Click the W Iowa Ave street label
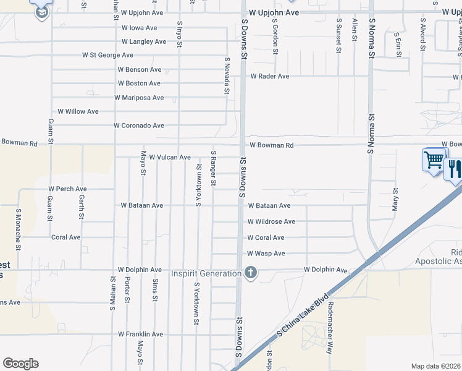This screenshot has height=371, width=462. click(139, 28)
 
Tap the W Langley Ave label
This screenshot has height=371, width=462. click(144, 42)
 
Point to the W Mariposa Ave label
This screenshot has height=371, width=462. click(139, 98)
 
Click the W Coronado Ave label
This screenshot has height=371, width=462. click(139, 126)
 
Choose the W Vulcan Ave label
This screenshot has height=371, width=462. click(170, 158)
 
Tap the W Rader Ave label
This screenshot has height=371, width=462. click(269, 77)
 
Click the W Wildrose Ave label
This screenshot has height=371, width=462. click(271, 221)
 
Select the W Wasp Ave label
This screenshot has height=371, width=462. click(266, 254)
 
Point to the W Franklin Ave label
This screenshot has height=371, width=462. click(141, 335)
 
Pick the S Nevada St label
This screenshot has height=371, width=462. click(227, 76)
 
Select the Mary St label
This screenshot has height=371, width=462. click(395, 200)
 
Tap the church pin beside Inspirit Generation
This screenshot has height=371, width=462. click(250, 273)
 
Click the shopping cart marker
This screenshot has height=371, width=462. click(433, 160)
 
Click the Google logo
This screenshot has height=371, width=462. click(20, 364)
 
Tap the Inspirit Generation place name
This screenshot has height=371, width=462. click(206, 273)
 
